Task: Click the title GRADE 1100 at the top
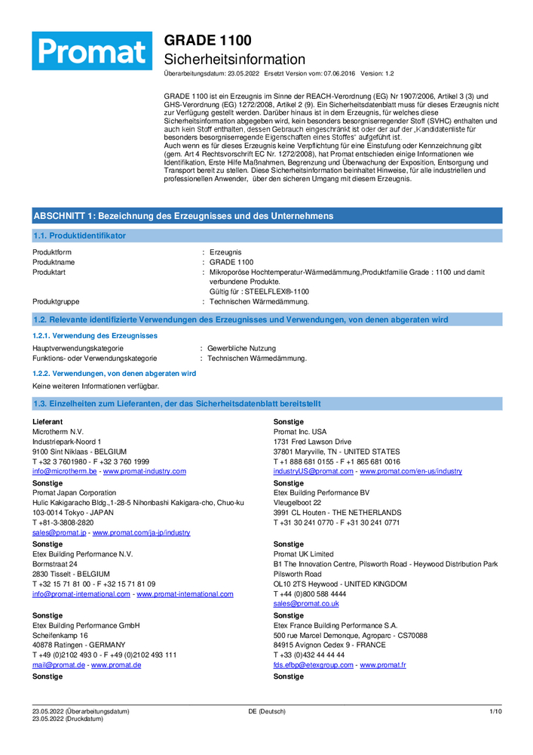[x=208, y=40]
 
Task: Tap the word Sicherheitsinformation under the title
[x=234, y=59]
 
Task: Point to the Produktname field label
[x=54, y=262]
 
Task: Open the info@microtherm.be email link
[x=65, y=471]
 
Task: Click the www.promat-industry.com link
[x=144, y=471]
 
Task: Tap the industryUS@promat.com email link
[x=313, y=471]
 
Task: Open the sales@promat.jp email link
[x=59, y=532]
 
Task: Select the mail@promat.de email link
[x=58, y=665]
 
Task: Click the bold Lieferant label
[x=47, y=421]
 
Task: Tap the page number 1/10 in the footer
[x=495, y=711]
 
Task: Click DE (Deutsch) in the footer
[x=267, y=711]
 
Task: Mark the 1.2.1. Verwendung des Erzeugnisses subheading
[x=95, y=335]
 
